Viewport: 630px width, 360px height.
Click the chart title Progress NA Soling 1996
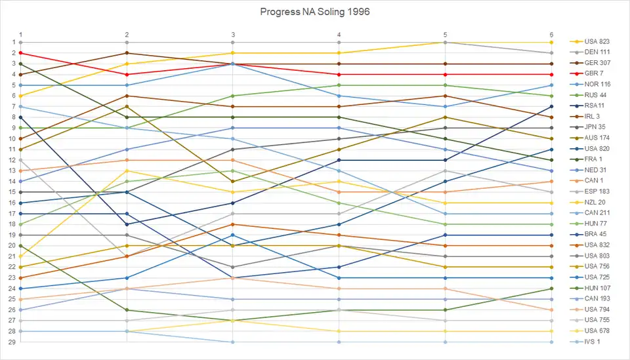(315, 12)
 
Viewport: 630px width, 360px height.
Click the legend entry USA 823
(596, 42)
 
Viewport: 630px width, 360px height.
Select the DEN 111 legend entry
(596, 52)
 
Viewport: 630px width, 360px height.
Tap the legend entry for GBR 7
(595, 74)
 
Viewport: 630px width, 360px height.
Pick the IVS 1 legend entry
(592, 342)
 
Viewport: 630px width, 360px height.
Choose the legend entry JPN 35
(595, 127)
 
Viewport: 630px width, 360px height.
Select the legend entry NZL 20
(595, 203)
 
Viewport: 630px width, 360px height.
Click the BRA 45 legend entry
(595, 235)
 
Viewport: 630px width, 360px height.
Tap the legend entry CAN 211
(596, 213)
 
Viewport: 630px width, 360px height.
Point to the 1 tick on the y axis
(13, 42)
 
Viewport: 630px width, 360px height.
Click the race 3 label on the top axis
(233, 34)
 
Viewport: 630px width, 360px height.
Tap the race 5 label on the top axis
(445, 34)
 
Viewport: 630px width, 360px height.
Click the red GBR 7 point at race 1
(21, 52)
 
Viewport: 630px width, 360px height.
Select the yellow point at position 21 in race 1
(21, 256)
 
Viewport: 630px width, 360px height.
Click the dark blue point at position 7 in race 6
(551, 106)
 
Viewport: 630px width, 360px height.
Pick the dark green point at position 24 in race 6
(551, 289)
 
